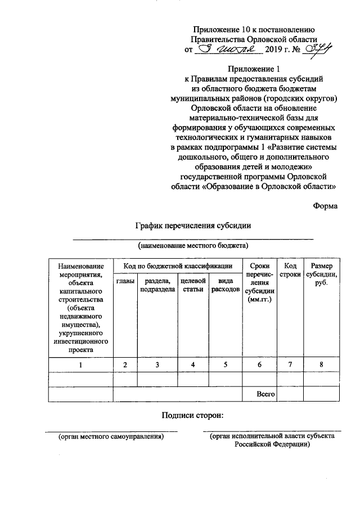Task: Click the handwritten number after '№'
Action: [x=316, y=49]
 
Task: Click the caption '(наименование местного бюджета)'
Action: [x=193, y=246]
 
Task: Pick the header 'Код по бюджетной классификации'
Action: [x=177, y=265]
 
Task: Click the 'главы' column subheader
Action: [x=125, y=281]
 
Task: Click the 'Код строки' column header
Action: [x=290, y=271]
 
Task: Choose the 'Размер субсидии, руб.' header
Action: [x=321, y=275]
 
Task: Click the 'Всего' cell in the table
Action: [x=265, y=394]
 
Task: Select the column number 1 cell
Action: [x=80, y=365]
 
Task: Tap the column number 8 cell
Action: [x=321, y=365]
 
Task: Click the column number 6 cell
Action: [x=259, y=365]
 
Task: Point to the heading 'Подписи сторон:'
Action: [x=193, y=416]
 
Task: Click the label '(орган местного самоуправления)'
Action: [x=111, y=436]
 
